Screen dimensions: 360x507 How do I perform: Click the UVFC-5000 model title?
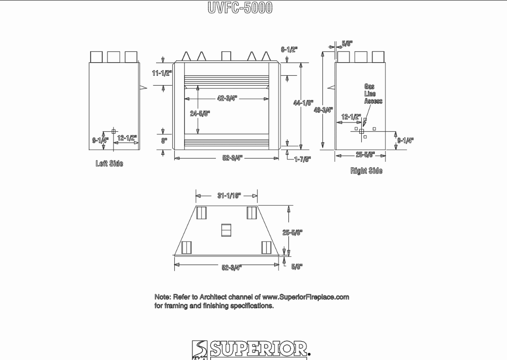(240, 8)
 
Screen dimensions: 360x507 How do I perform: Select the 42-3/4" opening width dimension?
(227, 99)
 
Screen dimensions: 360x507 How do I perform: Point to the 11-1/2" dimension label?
(162, 73)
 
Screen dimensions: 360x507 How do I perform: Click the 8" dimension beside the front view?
(164, 140)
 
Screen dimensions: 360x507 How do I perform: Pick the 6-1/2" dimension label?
(288, 50)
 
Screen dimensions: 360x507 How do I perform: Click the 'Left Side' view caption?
(109, 164)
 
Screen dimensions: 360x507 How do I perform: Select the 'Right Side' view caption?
(366, 171)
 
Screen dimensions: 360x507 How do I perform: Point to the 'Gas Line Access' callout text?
(373, 94)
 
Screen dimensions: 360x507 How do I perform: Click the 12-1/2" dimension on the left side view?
(127, 138)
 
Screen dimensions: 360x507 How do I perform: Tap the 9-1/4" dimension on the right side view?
(405, 140)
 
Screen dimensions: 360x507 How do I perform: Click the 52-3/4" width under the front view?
(232, 158)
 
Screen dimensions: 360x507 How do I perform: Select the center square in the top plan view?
(226, 230)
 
